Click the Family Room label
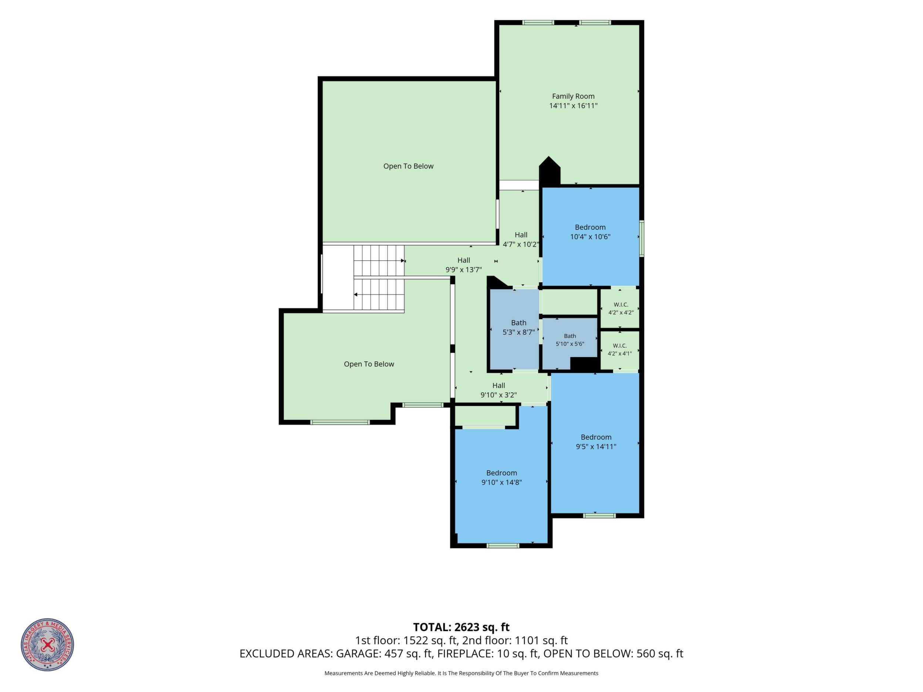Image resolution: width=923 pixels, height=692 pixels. [573, 96]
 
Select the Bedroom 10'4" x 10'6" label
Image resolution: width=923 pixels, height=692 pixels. [590, 232]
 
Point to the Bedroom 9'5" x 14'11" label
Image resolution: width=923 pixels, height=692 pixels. [596, 442]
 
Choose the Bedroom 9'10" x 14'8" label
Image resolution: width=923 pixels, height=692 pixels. [501, 478]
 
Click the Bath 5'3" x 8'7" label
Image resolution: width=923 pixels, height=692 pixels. [519, 328]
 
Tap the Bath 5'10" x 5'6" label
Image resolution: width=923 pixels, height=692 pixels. [570, 340]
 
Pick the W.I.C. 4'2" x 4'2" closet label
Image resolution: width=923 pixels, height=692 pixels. [621, 309]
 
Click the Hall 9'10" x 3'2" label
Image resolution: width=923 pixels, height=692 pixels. [498, 390]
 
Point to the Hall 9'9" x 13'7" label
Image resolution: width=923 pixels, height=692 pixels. [464, 265]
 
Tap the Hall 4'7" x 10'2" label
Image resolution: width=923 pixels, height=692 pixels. [521, 240]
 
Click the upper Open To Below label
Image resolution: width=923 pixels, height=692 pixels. [409, 166]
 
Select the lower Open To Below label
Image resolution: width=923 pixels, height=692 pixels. [369, 364]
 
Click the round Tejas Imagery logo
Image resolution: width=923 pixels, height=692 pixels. [48, 644]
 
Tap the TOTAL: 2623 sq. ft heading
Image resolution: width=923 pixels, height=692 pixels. [461, 627]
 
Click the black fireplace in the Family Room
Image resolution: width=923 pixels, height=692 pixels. [549, 171]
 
